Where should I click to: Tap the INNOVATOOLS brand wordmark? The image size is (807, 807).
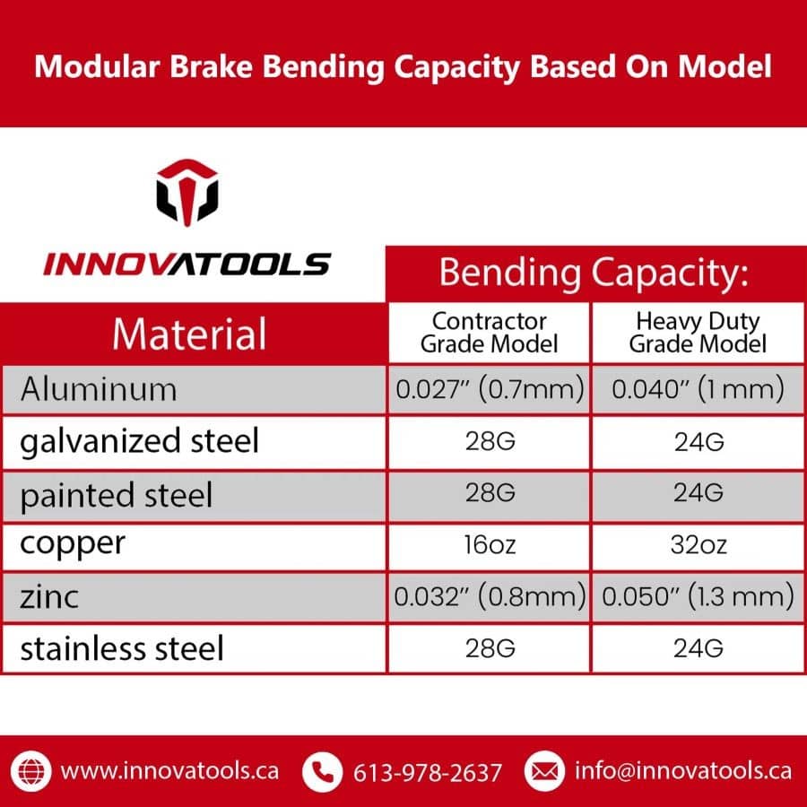(x=187, y=264)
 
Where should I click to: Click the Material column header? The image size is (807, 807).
(x=189, y=334)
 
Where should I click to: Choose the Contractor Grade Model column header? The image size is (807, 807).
(x=490, y=333)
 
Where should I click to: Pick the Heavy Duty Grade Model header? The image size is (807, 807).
(x=698, y=333)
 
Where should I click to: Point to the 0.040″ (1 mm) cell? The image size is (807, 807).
(x=698, y=389)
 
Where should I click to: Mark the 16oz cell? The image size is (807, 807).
(x=490, y=544)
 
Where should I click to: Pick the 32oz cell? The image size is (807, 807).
(x=698, y=544)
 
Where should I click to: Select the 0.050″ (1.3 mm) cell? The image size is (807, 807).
(x=698, y=596)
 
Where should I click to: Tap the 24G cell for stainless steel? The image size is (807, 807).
(x=698, y=648)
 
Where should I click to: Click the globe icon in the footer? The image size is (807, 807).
(x=34, y=770)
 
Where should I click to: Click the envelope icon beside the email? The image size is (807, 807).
(x=542, y=770)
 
